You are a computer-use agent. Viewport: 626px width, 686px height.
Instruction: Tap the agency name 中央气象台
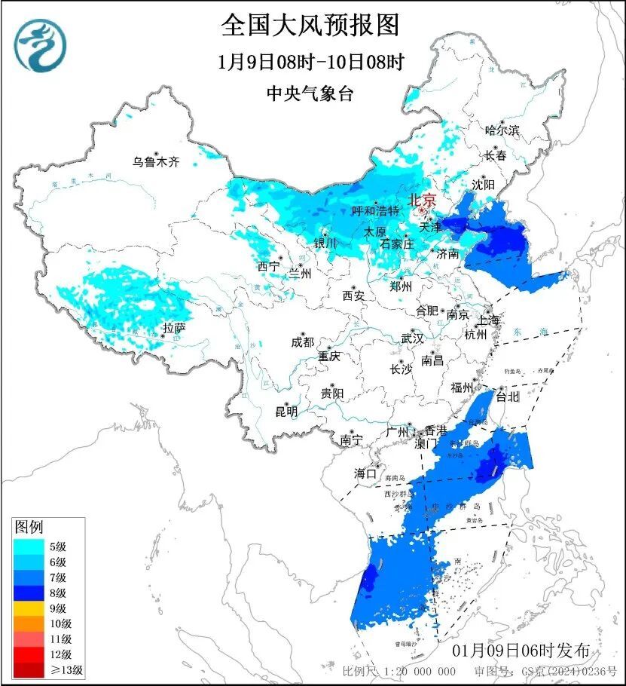[310, 93]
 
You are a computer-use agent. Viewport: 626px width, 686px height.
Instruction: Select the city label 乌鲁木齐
[156, 161]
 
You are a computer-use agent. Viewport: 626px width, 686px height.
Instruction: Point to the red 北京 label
[421, 201]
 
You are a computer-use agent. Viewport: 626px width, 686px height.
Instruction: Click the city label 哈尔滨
[502, 130]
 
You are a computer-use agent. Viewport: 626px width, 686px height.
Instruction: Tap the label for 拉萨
[174, 328]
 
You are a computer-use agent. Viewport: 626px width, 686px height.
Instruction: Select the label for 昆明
[286, 411]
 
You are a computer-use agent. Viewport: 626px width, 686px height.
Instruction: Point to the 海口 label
[365, 473]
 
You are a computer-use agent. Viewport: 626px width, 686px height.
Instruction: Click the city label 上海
[487, 320]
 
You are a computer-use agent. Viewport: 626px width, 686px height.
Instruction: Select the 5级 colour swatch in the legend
[30, 547]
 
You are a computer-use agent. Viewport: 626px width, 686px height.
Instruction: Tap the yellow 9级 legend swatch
[30, 608]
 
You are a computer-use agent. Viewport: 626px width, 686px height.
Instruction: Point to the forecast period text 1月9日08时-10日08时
[310, 62]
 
